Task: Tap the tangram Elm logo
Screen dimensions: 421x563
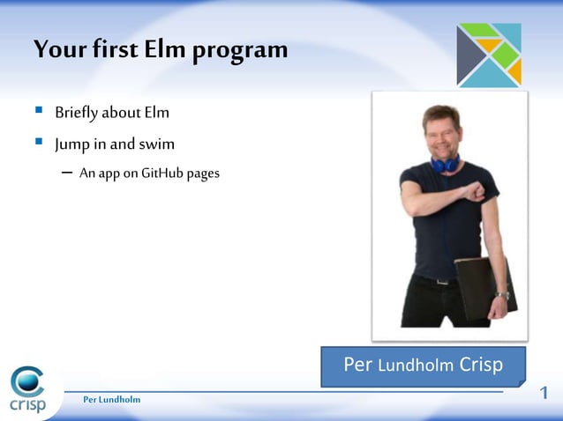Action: point(489,55)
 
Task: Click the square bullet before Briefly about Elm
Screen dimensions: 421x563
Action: point(39,112)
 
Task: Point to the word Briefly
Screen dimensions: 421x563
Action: point(76,114)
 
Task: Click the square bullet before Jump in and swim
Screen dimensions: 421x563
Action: point(39,141)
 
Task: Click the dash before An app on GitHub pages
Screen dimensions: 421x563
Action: point(68,173)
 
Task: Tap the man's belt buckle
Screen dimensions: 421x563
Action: point(444,280)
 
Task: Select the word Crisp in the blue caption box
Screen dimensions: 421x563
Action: point(482,365)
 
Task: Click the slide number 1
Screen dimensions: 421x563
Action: point(544,393)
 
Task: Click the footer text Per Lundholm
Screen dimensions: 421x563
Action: point(111,400)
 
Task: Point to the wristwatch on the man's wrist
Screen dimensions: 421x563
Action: point(501,295)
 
